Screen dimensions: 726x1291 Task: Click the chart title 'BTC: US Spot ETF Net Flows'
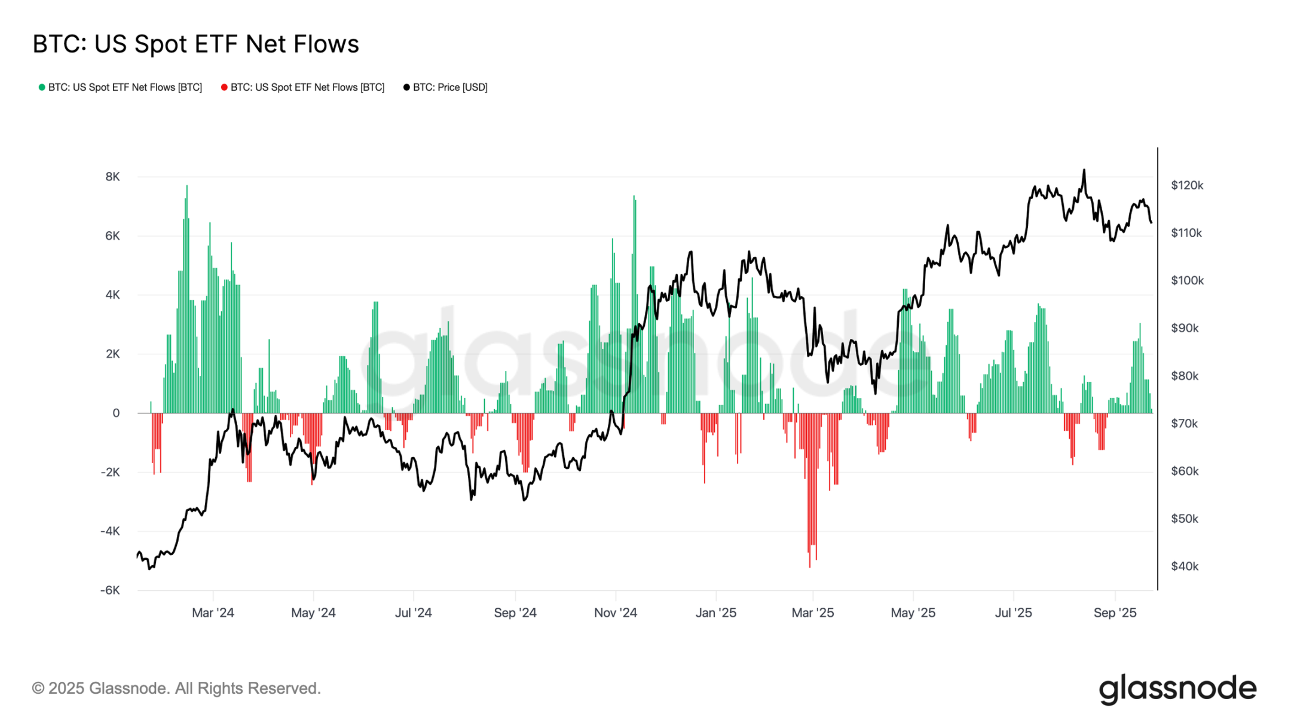pyautogui.click(x=195, y=44)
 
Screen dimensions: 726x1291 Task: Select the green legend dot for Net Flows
pyautogui.click(x=42, y=87)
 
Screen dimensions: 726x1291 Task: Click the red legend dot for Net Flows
pyautogui.click(x=224, y=87)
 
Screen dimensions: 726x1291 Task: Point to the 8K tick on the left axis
pyautogui.click(x=112, y=177)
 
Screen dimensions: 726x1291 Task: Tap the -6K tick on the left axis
pyautogui.click(x=110, y=590)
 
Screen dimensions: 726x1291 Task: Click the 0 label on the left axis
pyautogui.click(x=116, y=413)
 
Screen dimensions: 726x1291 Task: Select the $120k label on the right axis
pyautogui.click(x=1187, y=185)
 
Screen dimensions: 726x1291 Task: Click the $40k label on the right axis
pyautogui.click(x=1185, y=566)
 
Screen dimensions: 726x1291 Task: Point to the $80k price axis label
pyautogui.click(x=1185, y=376)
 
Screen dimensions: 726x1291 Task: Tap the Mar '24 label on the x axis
pyautogui.click(x=213, y=612)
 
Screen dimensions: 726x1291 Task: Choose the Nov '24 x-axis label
pyautogui.click(x=615, y=612)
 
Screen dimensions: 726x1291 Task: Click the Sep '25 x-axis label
pyautogui.click(x=1115, y=612)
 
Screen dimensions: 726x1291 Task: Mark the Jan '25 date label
pyautogui.click(x=715, y=612)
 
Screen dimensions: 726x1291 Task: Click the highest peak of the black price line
pyautogui.click(x=1084, y=171)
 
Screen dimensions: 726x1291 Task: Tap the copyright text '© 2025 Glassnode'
pyautogui.click(x=176, y=688)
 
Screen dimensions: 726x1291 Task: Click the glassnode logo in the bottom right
pyautogui.click(x=1177, y=689)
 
